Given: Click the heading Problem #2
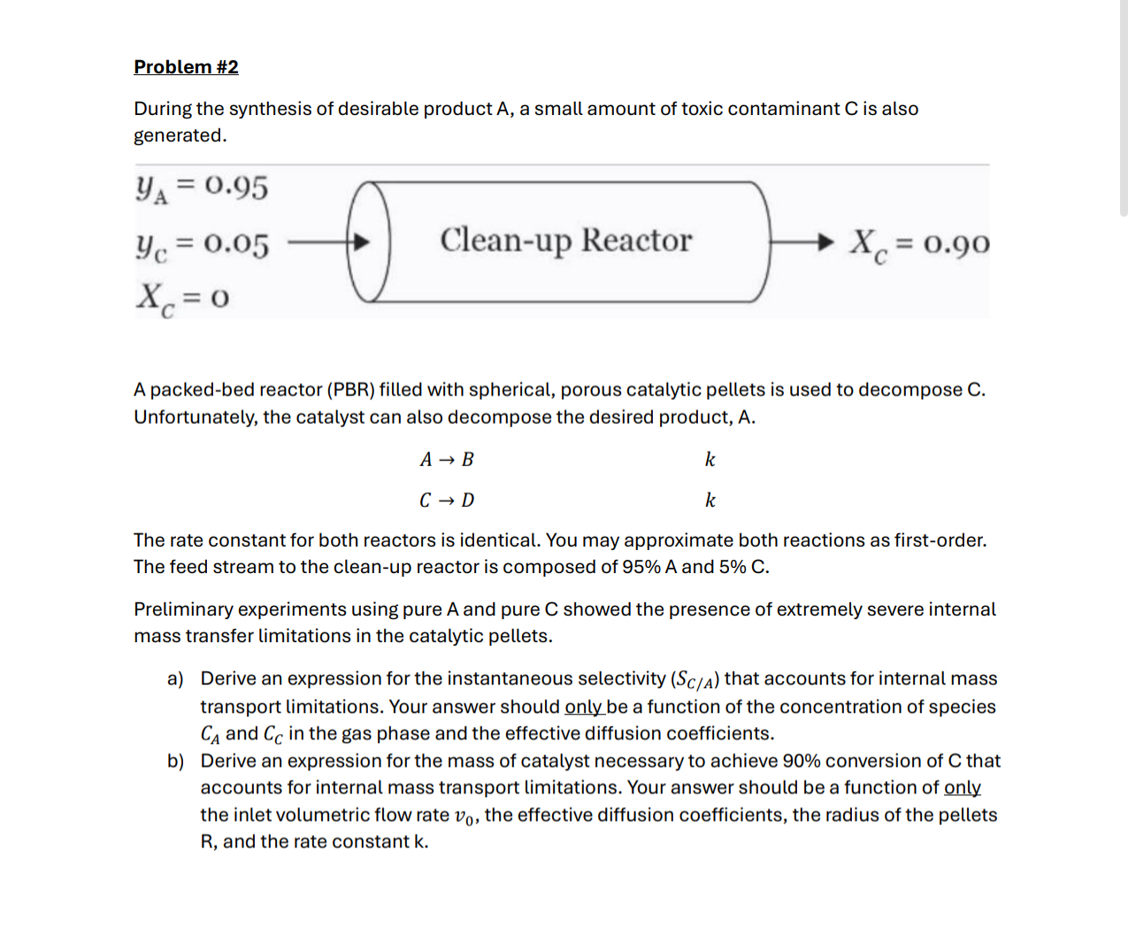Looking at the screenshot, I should (186, 67).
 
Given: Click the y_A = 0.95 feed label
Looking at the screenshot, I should (201, 188).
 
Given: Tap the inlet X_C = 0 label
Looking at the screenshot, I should (182, 298).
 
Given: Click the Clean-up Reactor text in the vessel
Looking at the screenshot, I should (565, 241).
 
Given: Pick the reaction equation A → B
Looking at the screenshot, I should (447, 460).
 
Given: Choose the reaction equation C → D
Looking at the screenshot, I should (447, 501).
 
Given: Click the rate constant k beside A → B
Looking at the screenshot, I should (710, 460).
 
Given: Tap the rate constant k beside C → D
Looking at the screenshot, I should (710, 501).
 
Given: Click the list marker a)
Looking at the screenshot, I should (175, 679).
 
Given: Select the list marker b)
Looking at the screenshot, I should (175, 762).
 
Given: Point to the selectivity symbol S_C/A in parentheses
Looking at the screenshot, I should (695, 680).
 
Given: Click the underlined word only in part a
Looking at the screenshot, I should (583, 707).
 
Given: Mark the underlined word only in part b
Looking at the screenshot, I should (962, 787).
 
